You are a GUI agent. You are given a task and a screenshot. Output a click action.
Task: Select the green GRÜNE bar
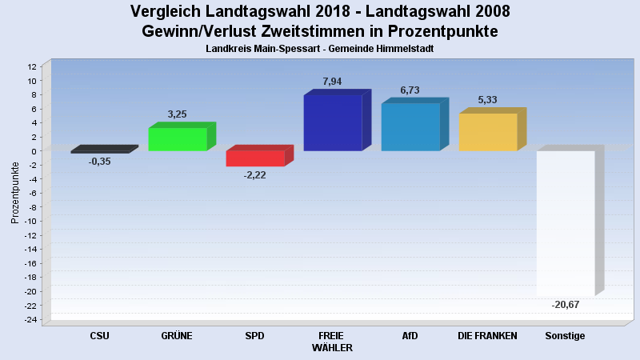(x=178, y=139)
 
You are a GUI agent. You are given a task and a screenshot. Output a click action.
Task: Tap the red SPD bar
(x=255, y=158)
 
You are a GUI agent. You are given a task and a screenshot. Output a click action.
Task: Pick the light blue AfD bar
(x=410, y=127)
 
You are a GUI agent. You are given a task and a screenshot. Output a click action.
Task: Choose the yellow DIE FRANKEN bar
(x=488, y=132)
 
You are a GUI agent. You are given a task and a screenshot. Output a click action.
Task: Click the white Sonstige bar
(x=566, y=223)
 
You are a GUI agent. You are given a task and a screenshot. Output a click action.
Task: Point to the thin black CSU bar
(x=100, y=151)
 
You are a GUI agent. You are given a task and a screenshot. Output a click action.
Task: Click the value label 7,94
(x=332, y=82)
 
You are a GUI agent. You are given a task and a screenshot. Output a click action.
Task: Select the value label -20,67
(x=565, y=305)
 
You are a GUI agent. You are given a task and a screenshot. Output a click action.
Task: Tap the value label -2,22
(x=254, y=175)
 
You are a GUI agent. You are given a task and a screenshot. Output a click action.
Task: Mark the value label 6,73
(x=410, y=90)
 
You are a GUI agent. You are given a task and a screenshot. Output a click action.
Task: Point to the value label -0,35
(x=99, y=162)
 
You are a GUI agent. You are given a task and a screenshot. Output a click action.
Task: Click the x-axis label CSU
(x=100, y=336)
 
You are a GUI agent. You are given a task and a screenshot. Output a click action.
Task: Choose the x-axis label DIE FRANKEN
(x=487, y=336)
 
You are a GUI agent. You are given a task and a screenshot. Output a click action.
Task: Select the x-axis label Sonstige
(x=565, y=336)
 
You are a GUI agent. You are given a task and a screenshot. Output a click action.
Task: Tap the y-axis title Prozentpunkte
(x=15, y=192)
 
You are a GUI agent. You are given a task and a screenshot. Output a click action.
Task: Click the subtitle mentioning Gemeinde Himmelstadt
(x=319, y=49)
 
